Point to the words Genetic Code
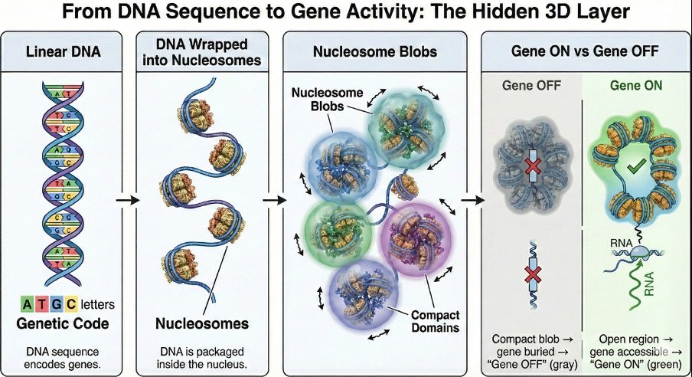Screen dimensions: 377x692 (63, 323)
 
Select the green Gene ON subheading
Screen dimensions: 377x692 (636, 85)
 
